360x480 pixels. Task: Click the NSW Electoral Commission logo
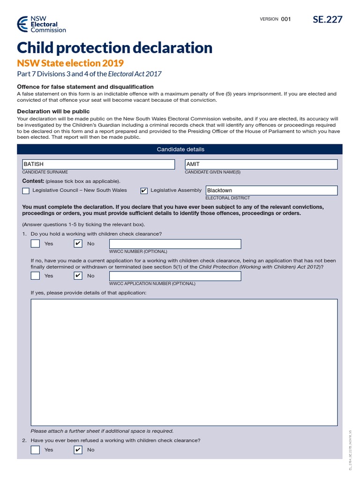tap(41, 24)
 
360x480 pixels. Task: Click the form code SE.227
tap(328, 19)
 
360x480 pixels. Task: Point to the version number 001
tap(286, 19)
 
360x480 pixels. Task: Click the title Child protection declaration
tap(114, 48)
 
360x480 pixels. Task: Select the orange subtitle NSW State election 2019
tap(70, 63)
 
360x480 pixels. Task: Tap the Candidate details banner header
tap(180, 149)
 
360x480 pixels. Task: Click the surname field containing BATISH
tap(98, 164)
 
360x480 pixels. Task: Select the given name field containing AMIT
tap(261, 164)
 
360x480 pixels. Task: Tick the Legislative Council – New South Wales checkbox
tap(26, 191)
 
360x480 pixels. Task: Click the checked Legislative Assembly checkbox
tap(144, 191)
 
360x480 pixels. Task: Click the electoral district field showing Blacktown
tap(271, 190)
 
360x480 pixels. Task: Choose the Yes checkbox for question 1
tap(35, 244)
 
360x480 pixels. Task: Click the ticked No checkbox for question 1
tap(78, 244)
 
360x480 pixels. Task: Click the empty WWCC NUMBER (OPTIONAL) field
tap(175, 244)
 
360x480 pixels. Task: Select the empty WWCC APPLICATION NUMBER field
tap(175, 276)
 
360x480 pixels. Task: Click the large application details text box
tap(184, 362)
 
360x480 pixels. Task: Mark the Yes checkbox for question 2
tap(35, 450)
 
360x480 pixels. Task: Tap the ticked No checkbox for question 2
tap(78, 450)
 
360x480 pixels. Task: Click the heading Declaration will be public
tap(53, 112)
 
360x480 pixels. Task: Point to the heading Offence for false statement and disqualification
tap(85, 87)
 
